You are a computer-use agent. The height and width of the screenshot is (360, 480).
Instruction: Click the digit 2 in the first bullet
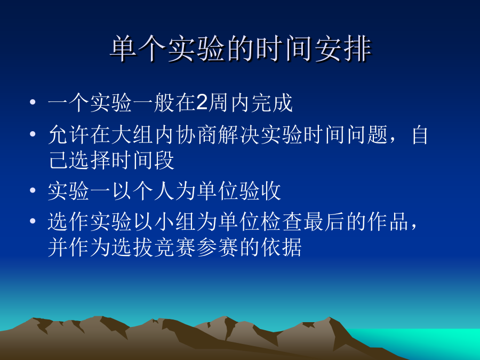coord(202,102)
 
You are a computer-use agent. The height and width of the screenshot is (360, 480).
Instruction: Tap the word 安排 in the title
coord(343,49)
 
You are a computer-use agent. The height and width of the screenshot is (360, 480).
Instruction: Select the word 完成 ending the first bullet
coord(272,102)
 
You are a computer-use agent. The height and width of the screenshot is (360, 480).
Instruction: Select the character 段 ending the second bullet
coord(165,160)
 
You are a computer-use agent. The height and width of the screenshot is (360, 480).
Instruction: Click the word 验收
coord(260,191)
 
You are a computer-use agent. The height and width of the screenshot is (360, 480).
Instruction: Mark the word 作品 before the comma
coord(388,221)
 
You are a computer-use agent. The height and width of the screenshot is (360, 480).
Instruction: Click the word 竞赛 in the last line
coord(175,247)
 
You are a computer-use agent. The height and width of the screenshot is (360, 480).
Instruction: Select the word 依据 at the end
coord(282,247)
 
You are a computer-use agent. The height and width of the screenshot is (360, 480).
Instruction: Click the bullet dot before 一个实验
coord(33,102)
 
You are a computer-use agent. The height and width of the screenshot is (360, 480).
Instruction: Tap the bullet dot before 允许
coord(33,134)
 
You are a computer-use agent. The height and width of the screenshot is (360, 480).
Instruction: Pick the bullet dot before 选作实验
coord(33,221)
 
